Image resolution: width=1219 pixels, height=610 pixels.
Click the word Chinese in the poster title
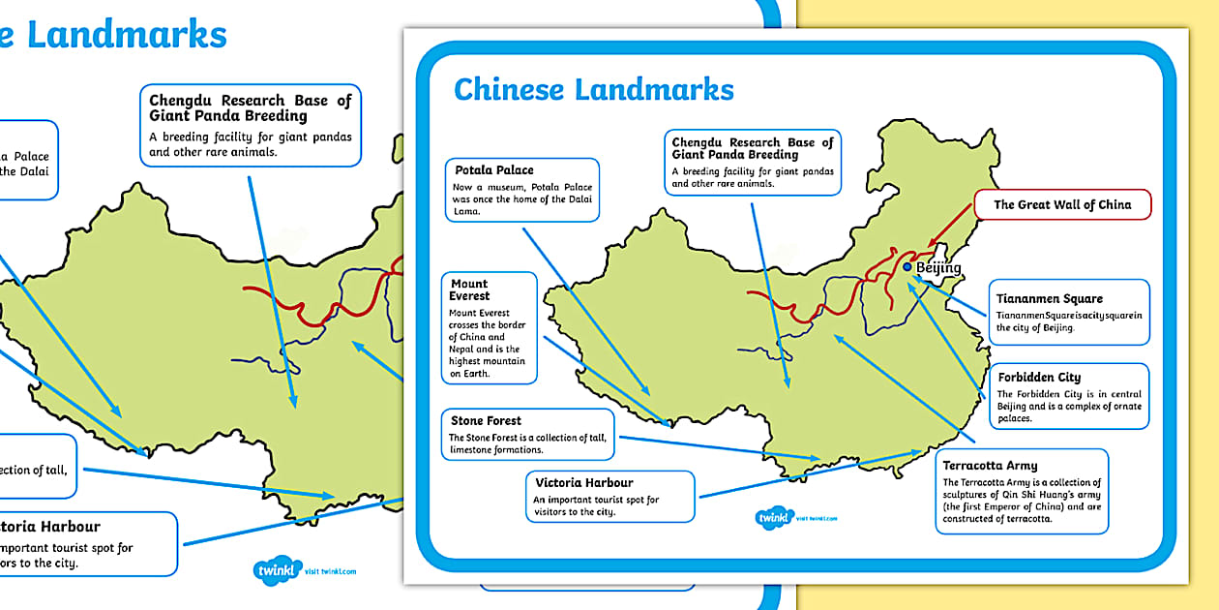tap(509, 89)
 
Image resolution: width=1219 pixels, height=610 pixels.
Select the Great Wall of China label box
tap(1061, 204)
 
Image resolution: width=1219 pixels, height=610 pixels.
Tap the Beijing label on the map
tap(938, 268)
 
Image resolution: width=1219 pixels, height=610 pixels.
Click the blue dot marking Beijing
tap(907, 267)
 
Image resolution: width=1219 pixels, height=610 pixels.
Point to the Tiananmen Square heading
tap(1050, 298)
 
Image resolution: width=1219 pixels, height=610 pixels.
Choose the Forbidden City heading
tap(1039, 377)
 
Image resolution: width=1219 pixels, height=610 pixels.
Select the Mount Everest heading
tap(470, 290)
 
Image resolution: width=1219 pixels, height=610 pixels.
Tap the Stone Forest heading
tap(486, 421)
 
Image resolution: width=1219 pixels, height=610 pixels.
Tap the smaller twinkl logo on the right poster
tap(773, 518)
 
